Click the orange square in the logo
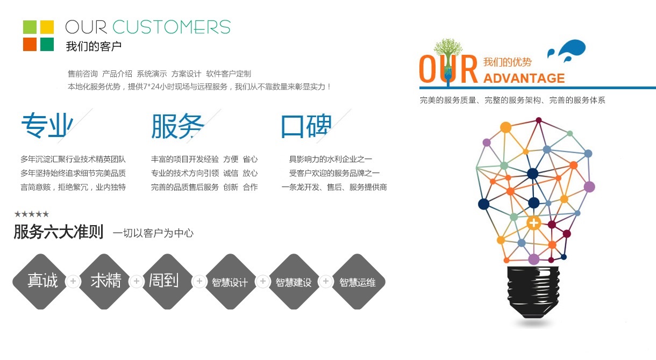pos(30,44)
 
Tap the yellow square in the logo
pos(47,27)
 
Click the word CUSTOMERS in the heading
pos(172,27)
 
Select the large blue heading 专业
pos(46,126)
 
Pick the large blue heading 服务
pos(177,126)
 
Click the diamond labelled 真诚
pos(42,281)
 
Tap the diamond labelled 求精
pos(105,281)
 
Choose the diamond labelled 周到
pos(163,281)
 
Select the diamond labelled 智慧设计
pos(230,282)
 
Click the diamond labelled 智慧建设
pos(294,282)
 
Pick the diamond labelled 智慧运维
pos(357,282)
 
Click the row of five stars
pos(31,214)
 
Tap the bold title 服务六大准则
pos(58,232)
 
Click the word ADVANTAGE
pos(524,78)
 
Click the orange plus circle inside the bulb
pos(533,222)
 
